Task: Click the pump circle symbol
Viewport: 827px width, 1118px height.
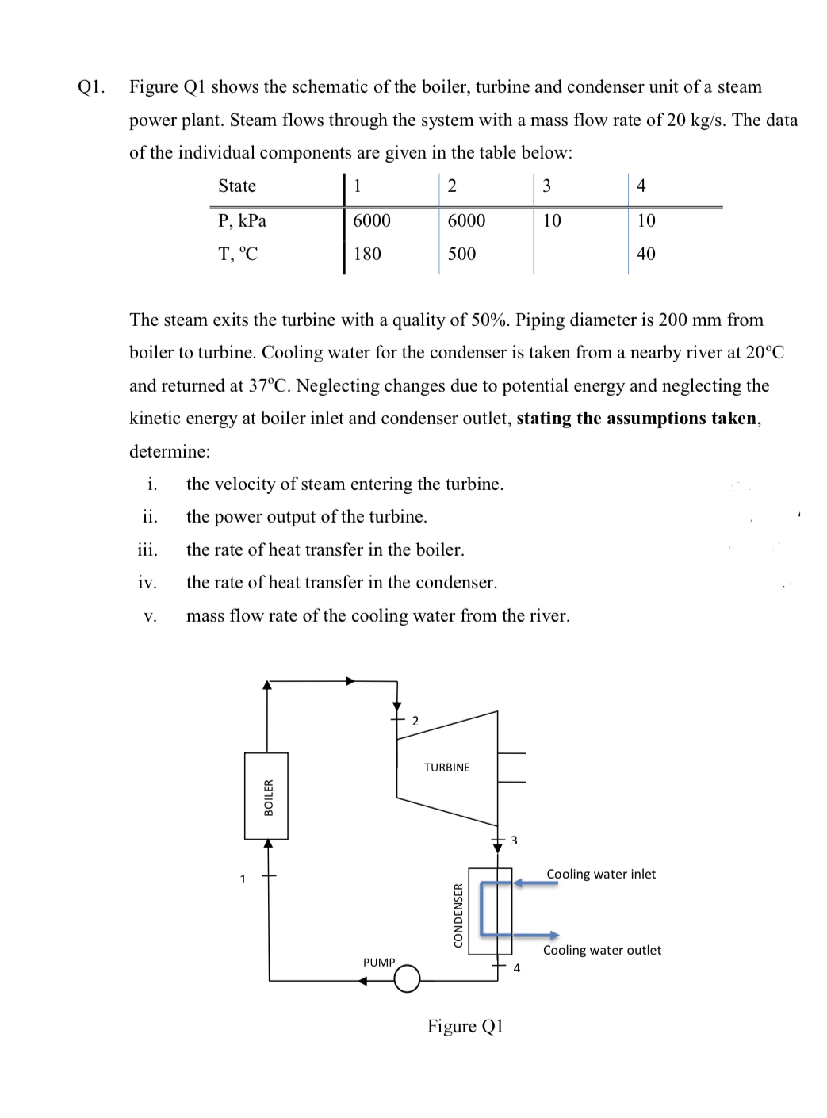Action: [407, 979]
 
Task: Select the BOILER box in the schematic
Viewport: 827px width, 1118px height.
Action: [266, 796]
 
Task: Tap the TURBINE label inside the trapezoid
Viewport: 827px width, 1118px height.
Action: [446, 768]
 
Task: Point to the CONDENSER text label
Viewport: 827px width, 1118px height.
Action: [458, 914]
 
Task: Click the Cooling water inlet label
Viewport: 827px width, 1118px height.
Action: [601, 874]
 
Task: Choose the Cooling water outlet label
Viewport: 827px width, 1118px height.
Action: [602, 950]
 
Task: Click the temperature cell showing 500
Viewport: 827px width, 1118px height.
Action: [461, 254]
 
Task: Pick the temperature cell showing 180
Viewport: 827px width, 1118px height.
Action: [367, 254]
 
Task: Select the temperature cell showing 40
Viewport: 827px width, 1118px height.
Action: [646, 254]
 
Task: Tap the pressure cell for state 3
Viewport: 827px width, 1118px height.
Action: [552, 220]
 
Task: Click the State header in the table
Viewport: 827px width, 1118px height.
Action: [237, 186]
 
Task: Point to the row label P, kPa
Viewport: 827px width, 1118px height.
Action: [242, 220]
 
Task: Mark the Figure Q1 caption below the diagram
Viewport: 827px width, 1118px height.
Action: [465, 1026]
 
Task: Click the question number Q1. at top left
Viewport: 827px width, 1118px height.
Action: [92, 86]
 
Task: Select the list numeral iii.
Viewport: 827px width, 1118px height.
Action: [147, 549]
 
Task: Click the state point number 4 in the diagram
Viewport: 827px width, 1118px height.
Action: [517, 967]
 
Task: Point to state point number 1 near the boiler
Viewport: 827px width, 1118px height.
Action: [243, 878]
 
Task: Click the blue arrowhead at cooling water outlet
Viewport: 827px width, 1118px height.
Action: [554, 936]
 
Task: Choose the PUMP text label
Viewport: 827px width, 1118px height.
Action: [379, 962]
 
